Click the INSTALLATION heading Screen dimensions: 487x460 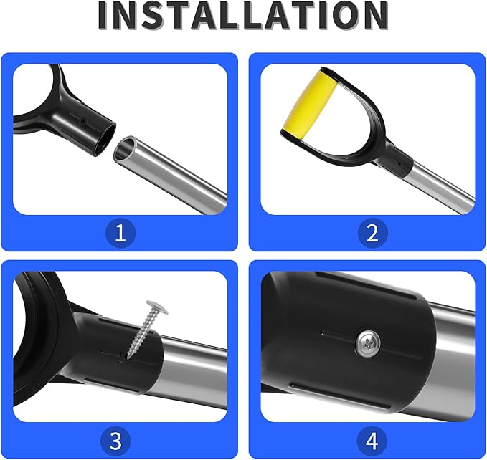243,16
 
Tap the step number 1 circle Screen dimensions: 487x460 120,233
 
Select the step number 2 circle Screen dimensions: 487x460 372,233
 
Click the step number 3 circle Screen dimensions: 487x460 116,441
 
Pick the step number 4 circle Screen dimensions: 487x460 372,441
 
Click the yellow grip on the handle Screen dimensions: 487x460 309,104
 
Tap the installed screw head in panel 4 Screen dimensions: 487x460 368,343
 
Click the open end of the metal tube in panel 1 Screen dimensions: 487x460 125,150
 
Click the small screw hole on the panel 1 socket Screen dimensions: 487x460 83,121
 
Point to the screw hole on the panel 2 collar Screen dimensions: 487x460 399,162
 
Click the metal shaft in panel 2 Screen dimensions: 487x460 438,183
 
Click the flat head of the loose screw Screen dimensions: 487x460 157,307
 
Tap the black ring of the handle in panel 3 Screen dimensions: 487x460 40,338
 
